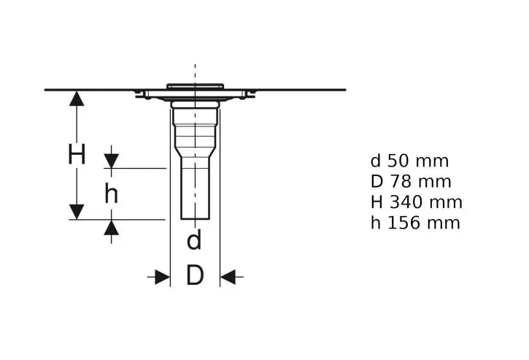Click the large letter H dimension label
(x=77, y=154)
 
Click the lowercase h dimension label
(x=112, y=194)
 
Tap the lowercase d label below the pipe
(x=194, y=240)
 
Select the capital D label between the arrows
(x=195, y=275)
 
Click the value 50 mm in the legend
(x=417, y=161)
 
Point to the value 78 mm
(x=421, y=182)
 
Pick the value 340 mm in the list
(x=426, y=202)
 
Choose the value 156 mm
(x=424, y=223)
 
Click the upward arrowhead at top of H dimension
(x=77, y=99)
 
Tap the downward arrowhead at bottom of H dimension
(x=77, y=212)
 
